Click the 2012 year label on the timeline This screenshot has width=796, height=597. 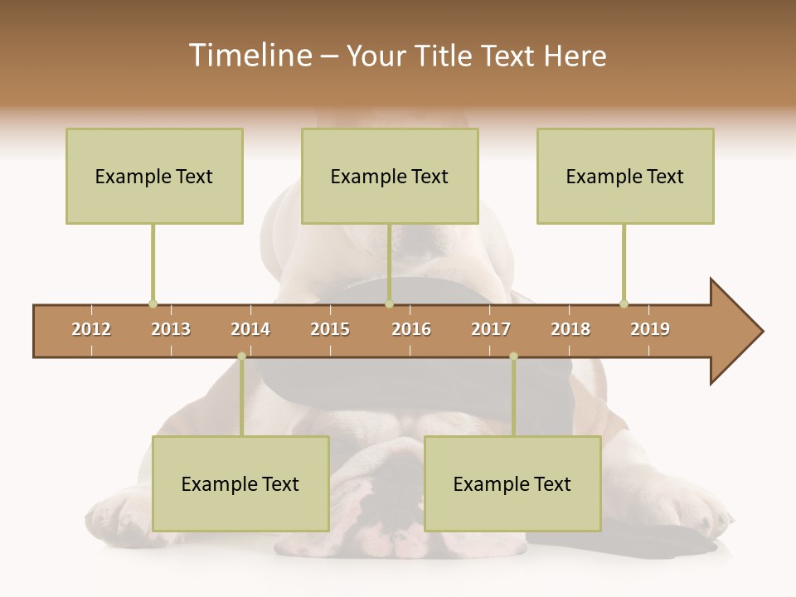pyautogui.click(x=91, y=329)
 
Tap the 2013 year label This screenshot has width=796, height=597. pyautogui.click(x=171, y=329)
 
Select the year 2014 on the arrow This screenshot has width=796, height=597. pyautogui.click(x=250, y=329)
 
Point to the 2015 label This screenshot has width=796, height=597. pyautogui.click(x=330, y=329)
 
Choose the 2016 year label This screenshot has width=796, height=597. pyautogui.click(x=411, y=329)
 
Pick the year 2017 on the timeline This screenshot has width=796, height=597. pyautogui.click(x=491, y=329)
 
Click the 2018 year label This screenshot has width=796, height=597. pyautogui.click(x=570, y=329)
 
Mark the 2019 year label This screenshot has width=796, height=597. pyautogui.click(x=650, y=329)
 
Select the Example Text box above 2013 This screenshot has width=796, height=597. pyautogui.click(x=154, y=176)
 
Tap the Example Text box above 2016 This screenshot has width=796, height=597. pyautogui.click(x=390, y=176)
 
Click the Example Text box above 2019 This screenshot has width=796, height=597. pyautogui.click(x=625, y=176)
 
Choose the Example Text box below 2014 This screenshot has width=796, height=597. pyautogui.click(x=240, y=483)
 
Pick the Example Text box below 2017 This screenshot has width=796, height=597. pyautogui.click(x=512, y=483)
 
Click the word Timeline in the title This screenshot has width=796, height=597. pyautogui.click(x=249, y=56)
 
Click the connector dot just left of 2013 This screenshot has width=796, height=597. pyautogui.click(x=153, y=303)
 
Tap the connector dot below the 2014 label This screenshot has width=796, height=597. pyautogui.click(x=241, y=357)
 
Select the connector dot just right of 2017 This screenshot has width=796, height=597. pyautogui.click(x=513, y=357)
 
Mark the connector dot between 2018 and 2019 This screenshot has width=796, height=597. pyautogui.click(x=624, y=303)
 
